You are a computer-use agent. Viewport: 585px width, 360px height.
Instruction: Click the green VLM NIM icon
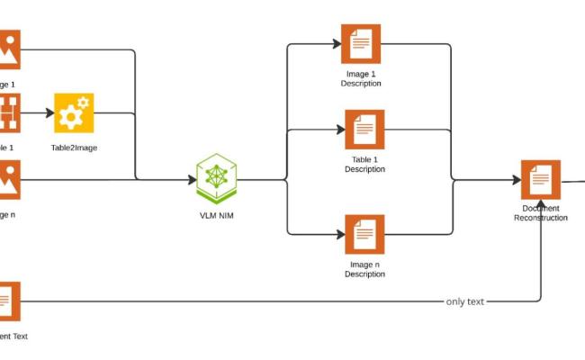tap(216, 179)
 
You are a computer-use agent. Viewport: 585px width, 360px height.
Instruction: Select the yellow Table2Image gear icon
tap(74, 113)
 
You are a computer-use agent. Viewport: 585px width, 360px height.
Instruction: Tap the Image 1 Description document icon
tap(361, 44)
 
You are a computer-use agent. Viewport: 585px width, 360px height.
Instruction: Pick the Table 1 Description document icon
tap(364, 130)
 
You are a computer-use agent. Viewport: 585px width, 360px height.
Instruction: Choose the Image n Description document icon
tap(364, 234)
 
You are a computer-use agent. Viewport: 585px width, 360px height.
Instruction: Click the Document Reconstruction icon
tap(541, 180)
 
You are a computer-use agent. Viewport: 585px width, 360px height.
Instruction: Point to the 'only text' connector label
tap(465, 301)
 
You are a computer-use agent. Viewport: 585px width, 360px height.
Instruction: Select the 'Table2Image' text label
tap(74, 146)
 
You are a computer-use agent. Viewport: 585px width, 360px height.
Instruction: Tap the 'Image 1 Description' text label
tap(361, 78)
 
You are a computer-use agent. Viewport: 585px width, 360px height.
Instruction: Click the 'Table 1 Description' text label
tap(364, 165)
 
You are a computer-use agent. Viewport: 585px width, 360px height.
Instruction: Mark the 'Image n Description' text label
tap(364, 269)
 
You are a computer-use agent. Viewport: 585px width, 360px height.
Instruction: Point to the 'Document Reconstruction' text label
tap(541, 213)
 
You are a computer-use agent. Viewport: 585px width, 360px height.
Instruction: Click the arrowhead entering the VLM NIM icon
tap(191, 179)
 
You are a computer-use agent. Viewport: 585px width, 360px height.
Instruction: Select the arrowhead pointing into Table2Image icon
tap(48, 113)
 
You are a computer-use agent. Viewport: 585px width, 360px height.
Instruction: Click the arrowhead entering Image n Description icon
tap(339, 234)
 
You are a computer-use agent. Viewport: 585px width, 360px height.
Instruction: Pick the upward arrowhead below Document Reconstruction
tap(541, 205)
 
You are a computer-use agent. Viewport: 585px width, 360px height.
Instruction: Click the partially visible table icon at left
tap(9, 113)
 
